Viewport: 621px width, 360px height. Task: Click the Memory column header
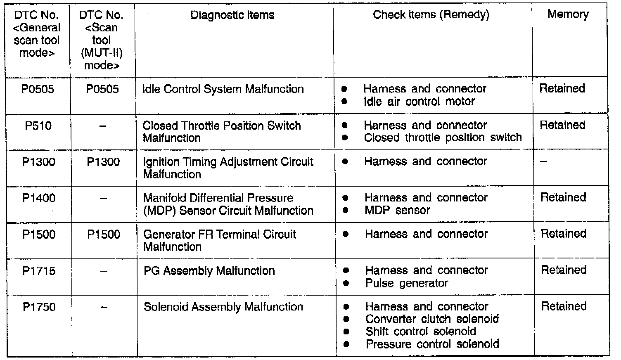click(x=568, y=14)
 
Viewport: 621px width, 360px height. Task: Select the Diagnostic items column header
click(x=232, y=15)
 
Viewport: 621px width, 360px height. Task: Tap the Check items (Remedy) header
click(x=431, y=15)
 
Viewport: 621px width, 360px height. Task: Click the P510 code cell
click(x=38, y=126)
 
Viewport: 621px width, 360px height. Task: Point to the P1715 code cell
click(x=39, y=271)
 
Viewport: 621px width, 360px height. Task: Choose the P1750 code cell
click(x=39, y=307)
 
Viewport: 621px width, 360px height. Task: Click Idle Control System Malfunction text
click(x=223, y=89)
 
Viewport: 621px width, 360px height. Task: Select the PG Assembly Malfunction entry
click(x=209, y=271)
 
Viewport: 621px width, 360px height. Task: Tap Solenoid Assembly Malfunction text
click(x=223, y=307)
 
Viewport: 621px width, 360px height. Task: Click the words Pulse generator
click(x=406, y=283)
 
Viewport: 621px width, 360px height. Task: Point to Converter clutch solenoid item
click(x=432, y=319)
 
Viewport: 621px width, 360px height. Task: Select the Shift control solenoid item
click(x=420, y=332)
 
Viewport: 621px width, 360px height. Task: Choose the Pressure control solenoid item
click(x=432, y=344)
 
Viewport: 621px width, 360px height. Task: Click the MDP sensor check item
click(x=397, y=211)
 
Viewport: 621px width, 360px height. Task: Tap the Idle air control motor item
click(x=419, y=102)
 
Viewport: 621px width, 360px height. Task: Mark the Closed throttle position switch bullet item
click(x=443, y=137)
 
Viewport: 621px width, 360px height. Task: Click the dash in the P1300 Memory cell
click(x=544, y=162)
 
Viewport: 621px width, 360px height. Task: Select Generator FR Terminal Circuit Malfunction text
click(x=219, y=240)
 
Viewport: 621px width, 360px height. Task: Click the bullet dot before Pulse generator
click(x=346, y=283)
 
